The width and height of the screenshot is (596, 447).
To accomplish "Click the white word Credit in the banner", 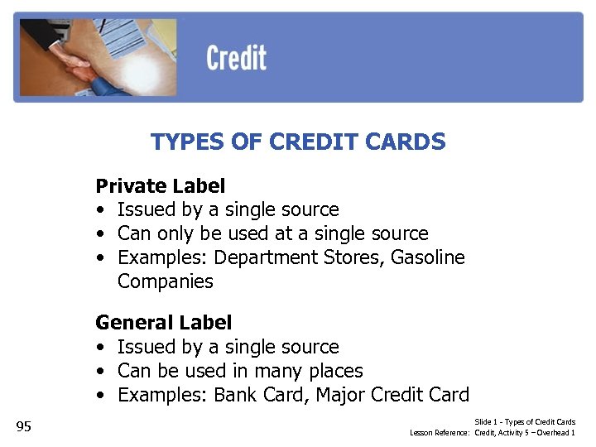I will click(236, 58).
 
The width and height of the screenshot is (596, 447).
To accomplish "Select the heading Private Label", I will click(161, 185).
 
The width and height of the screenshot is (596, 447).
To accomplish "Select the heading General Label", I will click(164, 322).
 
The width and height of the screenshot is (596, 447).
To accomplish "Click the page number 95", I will click(23, 426).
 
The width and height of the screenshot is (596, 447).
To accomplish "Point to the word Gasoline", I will click(427, 257).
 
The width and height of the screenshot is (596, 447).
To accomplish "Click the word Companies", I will click(165, 281).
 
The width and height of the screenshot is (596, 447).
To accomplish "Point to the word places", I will click(334, 371).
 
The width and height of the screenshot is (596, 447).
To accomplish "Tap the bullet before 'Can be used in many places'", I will click(100, 371).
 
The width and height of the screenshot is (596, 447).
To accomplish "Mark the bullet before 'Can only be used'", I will click(100, 233).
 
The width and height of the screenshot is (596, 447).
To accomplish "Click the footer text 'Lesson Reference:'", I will click(440, 433).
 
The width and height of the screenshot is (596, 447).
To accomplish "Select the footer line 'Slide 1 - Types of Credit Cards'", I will click(525, 422).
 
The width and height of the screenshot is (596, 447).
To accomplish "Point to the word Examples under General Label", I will click(161, 395).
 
